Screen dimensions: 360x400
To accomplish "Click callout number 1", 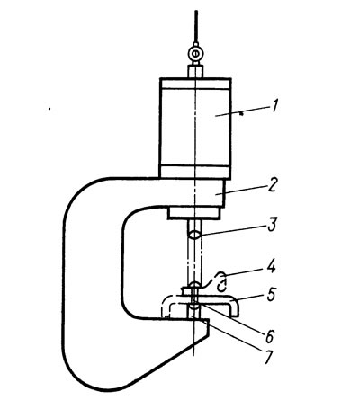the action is pos(274,106).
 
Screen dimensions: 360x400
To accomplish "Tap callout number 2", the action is pos(271,185).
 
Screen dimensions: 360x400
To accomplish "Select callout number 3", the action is pos(272,226).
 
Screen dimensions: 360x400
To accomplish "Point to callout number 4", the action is pos(271,267).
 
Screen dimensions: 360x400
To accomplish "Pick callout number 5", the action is pos(271,295).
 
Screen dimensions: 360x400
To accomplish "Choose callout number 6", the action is pos(269,336).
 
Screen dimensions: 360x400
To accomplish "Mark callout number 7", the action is pos(268,357).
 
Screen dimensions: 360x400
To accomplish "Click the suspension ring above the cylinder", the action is pos(195,54).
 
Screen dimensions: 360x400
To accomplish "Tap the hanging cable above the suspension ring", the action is pos(196,28).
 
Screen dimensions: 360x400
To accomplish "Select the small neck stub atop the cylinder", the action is pos(195,72).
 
